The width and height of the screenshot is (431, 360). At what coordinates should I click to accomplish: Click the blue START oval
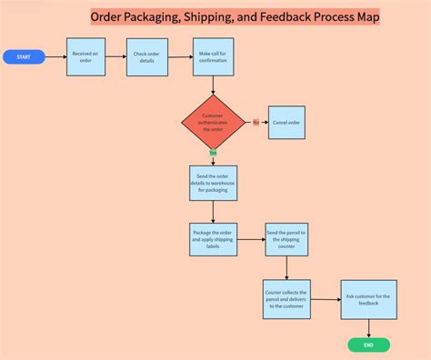coord(24,57)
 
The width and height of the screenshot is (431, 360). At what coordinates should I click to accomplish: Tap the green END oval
coord(368,345)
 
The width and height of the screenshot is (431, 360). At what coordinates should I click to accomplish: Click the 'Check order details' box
coord(146,57)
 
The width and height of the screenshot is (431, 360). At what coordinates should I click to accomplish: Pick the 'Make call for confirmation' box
coord(213,57)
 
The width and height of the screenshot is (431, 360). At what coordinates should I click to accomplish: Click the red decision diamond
coord(213,122)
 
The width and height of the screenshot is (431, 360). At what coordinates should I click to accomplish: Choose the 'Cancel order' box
coord(286,123)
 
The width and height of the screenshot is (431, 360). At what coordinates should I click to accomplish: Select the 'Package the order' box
coord(213,240)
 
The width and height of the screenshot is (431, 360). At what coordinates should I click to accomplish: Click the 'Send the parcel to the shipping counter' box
coord(286,240)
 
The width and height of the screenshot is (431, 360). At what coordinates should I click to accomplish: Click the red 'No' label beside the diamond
coord(256,122)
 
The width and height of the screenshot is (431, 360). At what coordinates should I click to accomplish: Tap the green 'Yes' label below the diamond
coord(213,153)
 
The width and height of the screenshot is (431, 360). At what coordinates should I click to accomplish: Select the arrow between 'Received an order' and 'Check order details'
coord(117,57)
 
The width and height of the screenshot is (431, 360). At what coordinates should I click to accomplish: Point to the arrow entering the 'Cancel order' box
coord(265,123)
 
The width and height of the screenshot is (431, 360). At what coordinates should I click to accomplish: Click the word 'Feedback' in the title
coord(287,17)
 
